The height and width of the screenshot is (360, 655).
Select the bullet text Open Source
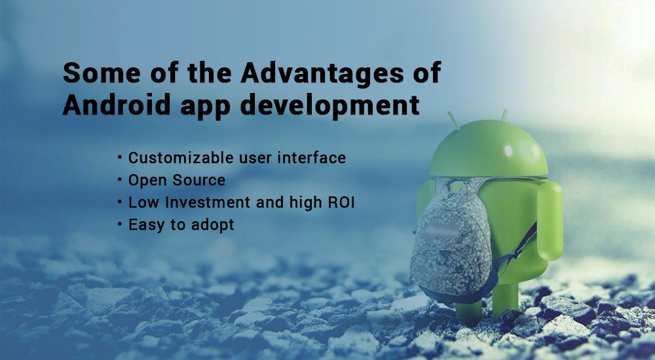177,180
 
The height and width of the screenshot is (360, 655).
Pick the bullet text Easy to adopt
181,225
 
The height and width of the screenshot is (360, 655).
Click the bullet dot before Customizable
120,158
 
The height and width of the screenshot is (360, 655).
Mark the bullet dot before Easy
120,225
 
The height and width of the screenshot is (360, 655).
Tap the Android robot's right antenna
504,117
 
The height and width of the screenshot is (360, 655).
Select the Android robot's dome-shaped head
489,151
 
